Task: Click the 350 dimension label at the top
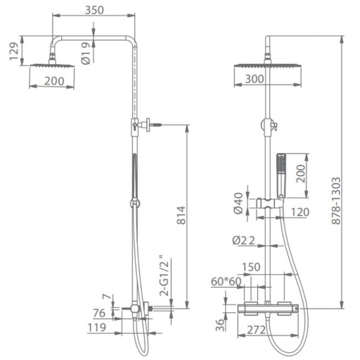point(94,10)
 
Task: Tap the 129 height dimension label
point(14,51)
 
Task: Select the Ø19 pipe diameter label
point(86,53)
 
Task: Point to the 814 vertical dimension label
point(181,215)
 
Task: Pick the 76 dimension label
point(99,313)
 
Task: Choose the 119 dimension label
point(97,328)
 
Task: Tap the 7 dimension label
point(107,297)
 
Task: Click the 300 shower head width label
point(255,79)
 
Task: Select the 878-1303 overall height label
point(336,201)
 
